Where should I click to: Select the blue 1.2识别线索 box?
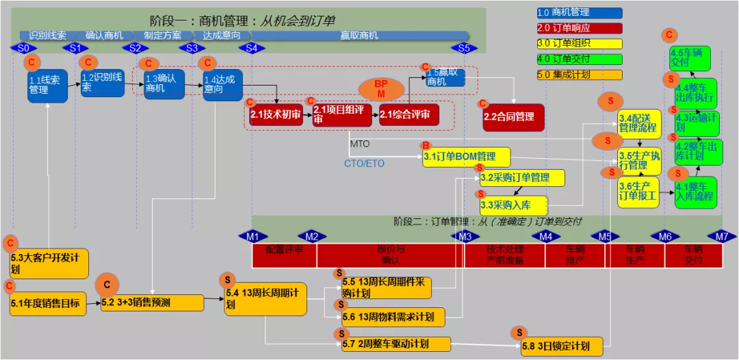[103, 82]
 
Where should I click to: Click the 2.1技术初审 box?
[276, 116]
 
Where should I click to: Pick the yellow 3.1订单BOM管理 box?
[466, 157]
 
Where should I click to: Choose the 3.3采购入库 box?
[513, 205]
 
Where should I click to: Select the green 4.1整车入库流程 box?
[696, 192]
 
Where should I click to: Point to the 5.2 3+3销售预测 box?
[152, 303]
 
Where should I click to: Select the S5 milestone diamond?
[465, 48]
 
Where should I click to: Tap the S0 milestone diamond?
[23, 48]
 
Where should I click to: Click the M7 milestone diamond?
[722, 237]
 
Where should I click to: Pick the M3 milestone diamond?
[465, 237]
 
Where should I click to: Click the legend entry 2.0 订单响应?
[579, 28]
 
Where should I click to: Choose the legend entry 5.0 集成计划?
[579, 75]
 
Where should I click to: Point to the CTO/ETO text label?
[365, 164]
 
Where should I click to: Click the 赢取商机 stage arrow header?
[359, 36]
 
